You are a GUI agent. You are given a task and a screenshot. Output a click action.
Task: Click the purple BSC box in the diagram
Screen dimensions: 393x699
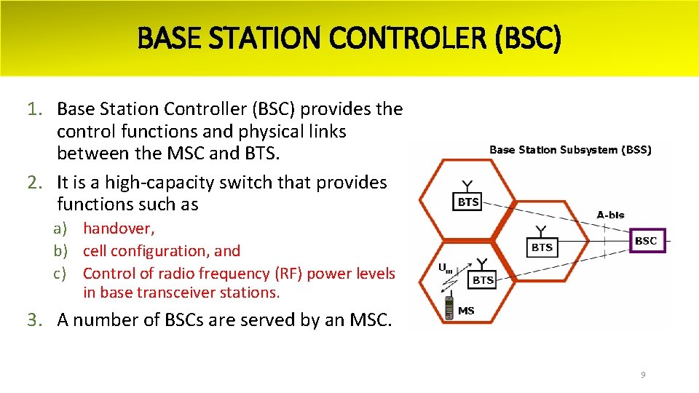tap(646, 241)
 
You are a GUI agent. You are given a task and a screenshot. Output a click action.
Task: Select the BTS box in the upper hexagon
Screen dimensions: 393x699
tap(468, 202)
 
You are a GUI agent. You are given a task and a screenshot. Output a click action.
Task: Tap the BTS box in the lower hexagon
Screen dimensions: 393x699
tap(483, 279)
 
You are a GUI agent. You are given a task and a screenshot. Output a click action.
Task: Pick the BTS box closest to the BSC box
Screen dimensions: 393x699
tap(542, 247)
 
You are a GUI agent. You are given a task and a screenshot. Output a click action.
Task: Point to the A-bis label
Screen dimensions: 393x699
tap(610, 215)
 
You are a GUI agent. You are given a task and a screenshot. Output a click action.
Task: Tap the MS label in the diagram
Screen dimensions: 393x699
tap(466, 311)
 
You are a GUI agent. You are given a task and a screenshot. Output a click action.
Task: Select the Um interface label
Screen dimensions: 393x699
tap(444, 269)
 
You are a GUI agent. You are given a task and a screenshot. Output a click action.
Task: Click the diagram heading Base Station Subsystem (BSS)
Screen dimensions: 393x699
tap(570, 150)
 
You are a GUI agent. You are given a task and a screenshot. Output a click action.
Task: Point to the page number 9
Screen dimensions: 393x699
tap(643, 375)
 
